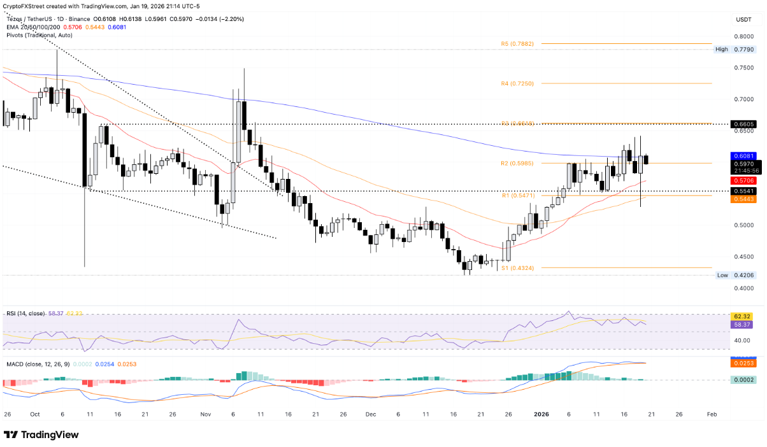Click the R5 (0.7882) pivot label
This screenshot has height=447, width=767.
(x=517, y=44)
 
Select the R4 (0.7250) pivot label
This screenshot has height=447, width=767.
(x=517, y=83)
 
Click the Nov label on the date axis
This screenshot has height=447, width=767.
(x=204, y=414)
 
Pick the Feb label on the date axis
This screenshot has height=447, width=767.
(x=712, y=414)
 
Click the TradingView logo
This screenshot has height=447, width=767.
(x=41, y=434)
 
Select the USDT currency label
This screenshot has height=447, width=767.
(x=743, y=20)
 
